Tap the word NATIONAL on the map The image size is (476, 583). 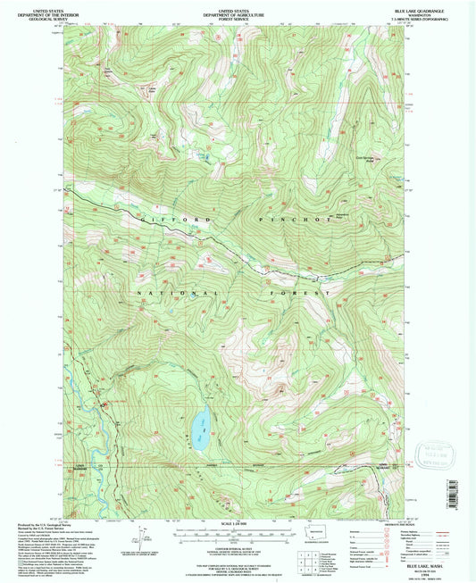click(x=175, y=293)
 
